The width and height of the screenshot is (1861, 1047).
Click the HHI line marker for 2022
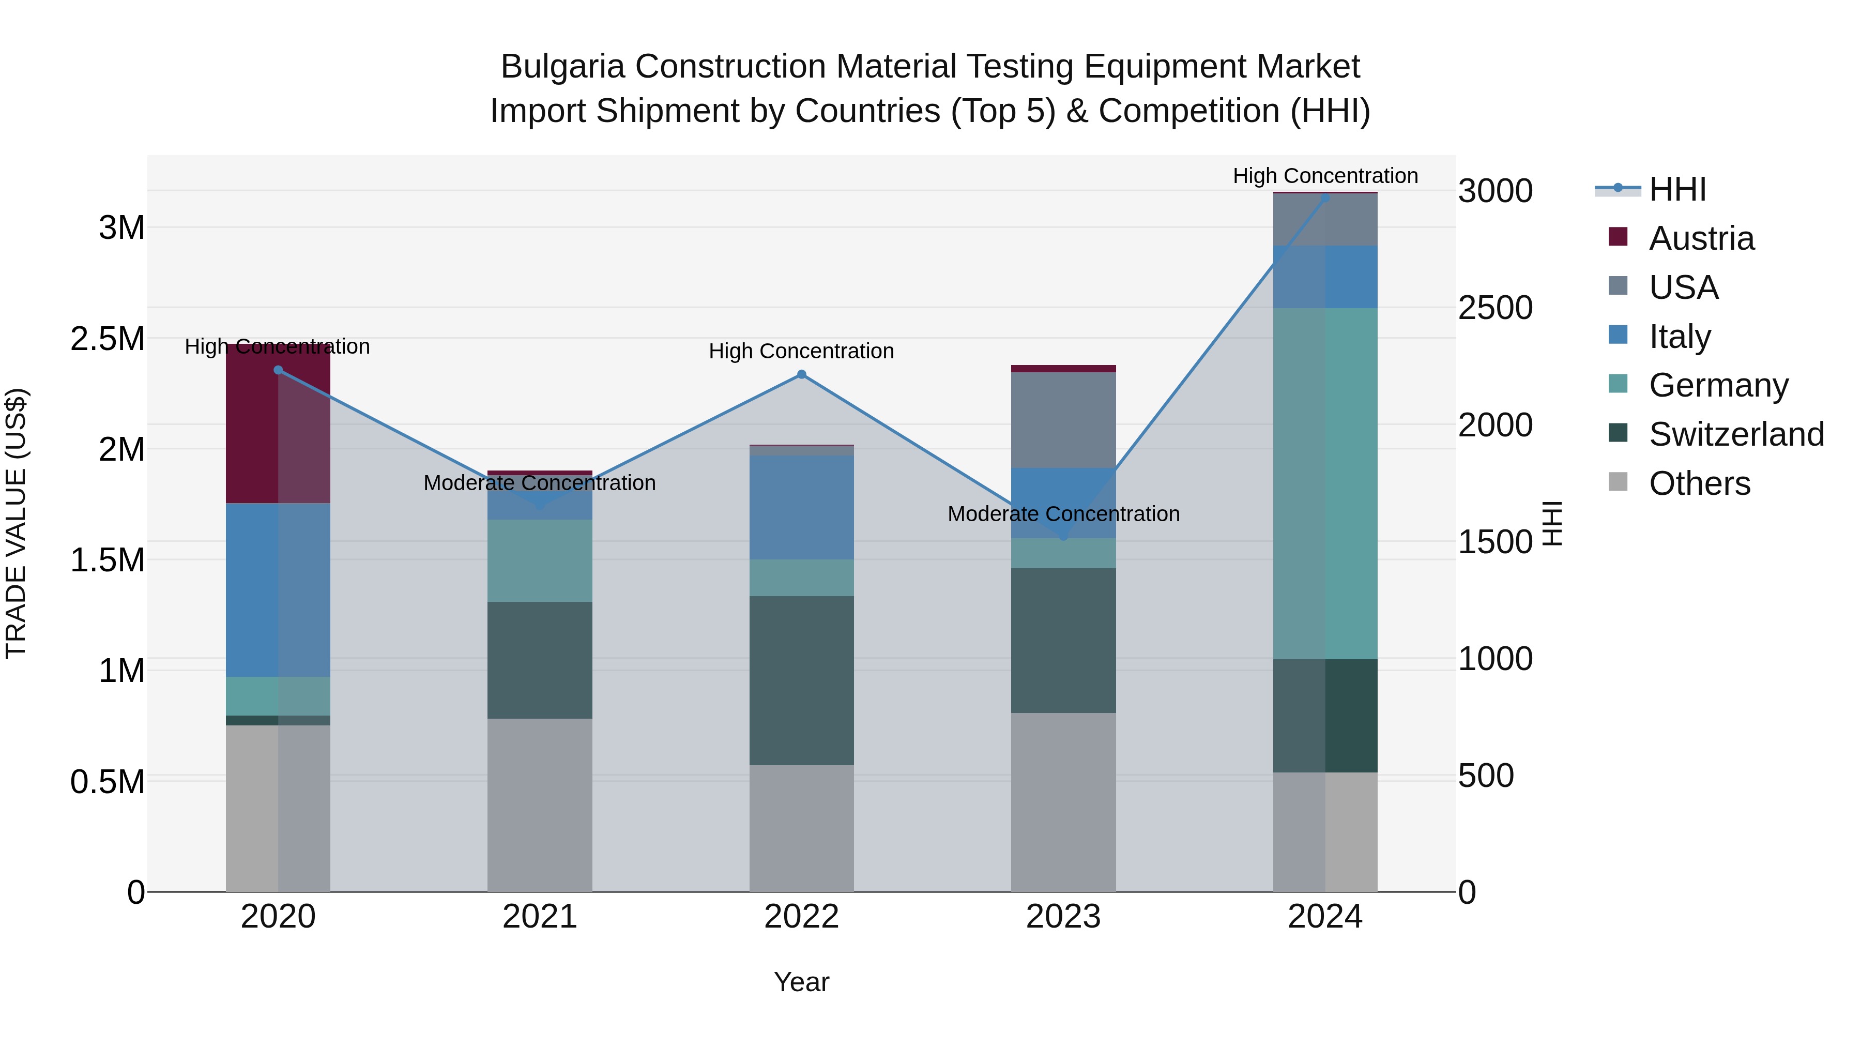pos(801,374)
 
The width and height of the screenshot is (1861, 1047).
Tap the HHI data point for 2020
pos(278,370)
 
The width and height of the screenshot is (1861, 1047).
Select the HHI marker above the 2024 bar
pos(1325,198)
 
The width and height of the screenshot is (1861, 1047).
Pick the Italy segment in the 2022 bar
pos(801,507)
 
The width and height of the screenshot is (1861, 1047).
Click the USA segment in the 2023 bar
pos(1063,420)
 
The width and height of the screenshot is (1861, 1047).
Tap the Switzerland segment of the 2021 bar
pos(540,660)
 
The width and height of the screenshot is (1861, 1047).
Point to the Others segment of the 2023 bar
pos(1063,802)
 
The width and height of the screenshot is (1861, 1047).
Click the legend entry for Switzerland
pos(1736,434)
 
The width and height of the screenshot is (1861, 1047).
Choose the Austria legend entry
pos(1701,238)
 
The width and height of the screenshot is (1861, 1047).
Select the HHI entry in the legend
pos(1677,189)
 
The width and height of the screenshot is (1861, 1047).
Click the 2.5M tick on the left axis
pos(108,339)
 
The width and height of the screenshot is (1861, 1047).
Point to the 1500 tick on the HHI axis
pos(1494,542)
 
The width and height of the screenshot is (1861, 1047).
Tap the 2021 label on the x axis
pos(540,917)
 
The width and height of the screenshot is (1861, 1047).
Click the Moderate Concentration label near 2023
pos(1063,514)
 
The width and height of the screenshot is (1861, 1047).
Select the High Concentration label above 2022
pos(801,351)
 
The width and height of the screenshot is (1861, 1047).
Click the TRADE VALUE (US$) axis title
pos(16,523)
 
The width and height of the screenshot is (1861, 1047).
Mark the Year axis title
pos(801,982)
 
